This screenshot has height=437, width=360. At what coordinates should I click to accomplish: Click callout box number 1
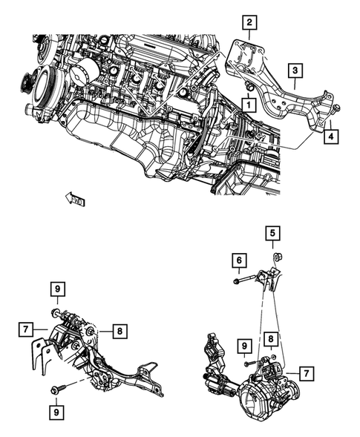pos(244,106)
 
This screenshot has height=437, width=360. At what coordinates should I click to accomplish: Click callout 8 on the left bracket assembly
pos(119,332)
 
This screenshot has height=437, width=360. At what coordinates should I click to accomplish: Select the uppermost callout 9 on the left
pos(56,288)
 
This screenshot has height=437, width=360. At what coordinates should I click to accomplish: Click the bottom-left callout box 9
pos(56,410)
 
